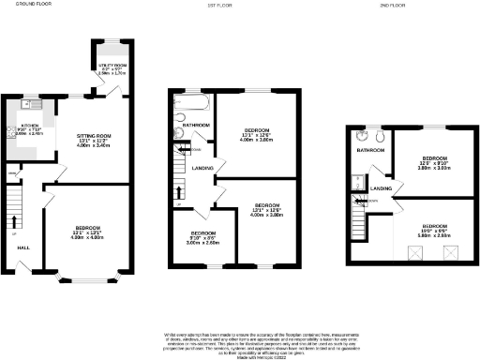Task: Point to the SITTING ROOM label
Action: pos(94,136)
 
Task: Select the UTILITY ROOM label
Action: pos(112,66)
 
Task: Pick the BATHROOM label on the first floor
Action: pos(196,125)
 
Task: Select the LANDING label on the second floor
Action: pos(381,190)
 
